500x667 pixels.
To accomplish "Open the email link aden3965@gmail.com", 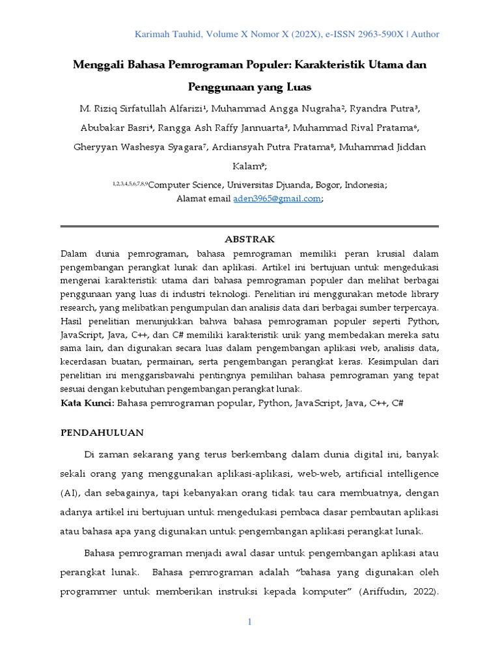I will (277, 199).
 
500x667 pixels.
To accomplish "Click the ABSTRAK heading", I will (249, 239).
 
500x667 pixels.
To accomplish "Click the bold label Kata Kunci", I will (87, 403).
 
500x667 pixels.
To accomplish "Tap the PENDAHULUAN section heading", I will (102, 433).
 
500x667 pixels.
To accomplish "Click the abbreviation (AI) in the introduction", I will (70, 492).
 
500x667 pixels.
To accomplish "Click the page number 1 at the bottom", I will (249, 623).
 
